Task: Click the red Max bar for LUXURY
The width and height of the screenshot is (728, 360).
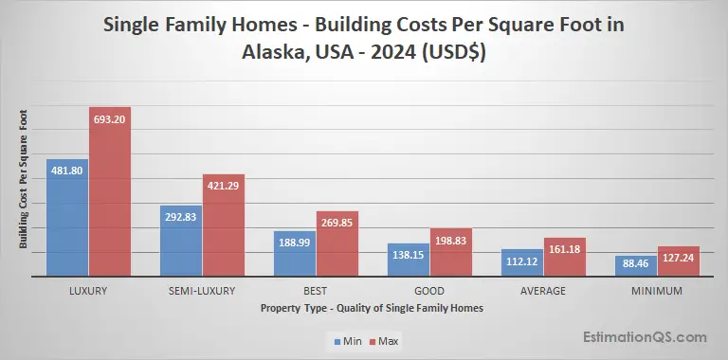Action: pos(110,199)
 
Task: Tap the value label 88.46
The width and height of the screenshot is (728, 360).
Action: pos(636,263)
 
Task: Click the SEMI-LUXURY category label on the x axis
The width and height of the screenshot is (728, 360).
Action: pos(202,291)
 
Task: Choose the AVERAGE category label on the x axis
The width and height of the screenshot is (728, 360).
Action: pos(543,291)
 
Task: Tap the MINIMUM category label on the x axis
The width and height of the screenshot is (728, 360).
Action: pos(657,291)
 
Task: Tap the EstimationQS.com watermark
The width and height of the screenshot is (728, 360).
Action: pos(644,336)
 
